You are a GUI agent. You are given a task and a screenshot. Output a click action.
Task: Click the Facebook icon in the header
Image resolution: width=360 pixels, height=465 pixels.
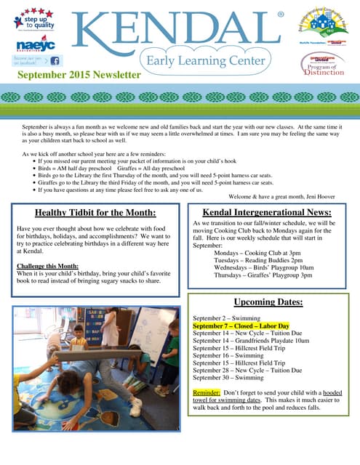pos(55,61)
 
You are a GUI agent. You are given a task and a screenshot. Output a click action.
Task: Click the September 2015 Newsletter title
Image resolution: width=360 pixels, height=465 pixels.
pos(79,75)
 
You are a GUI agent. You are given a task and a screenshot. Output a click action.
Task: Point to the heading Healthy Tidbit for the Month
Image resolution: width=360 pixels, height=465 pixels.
pos(95,192)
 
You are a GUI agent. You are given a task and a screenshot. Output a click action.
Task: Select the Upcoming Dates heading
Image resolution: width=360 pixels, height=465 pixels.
pos(268,302)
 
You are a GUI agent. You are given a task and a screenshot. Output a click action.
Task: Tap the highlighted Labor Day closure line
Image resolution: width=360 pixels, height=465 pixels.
pos(241,326)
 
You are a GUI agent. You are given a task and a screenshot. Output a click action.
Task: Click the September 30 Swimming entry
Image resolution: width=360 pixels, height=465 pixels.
pos(228,378)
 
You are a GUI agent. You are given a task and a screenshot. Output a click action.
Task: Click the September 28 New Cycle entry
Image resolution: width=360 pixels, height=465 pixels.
pos(247,371)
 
